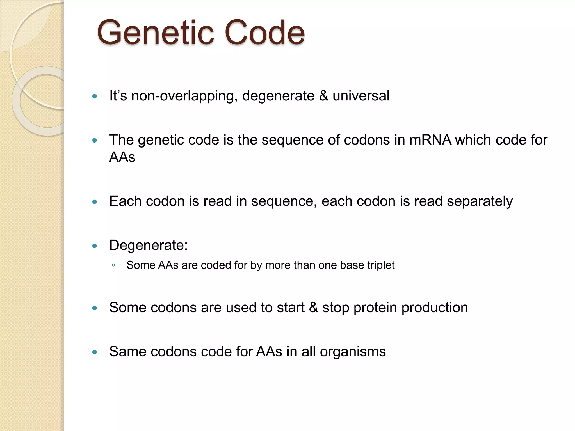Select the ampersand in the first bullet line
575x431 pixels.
[323, 96]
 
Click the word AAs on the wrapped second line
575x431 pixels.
[122, 157]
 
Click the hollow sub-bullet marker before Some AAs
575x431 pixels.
[113, 265]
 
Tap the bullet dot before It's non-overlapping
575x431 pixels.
[95, 97]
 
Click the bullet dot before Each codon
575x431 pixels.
[95, 202]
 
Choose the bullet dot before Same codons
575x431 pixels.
[95, 352]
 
